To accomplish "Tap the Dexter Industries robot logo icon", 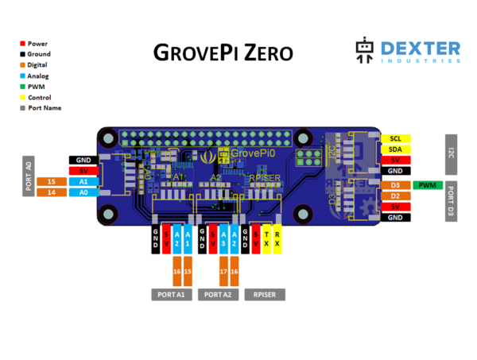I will (364, 52).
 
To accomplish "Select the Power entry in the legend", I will (37, 43).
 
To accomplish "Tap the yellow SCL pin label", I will (395, 137).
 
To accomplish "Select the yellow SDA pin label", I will (395, 149).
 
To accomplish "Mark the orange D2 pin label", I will (395, 195).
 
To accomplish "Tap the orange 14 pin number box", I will (52, 192).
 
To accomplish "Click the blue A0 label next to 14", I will (83, 192).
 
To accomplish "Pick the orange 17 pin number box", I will (223, 272).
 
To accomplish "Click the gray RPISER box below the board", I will (264, 294).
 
